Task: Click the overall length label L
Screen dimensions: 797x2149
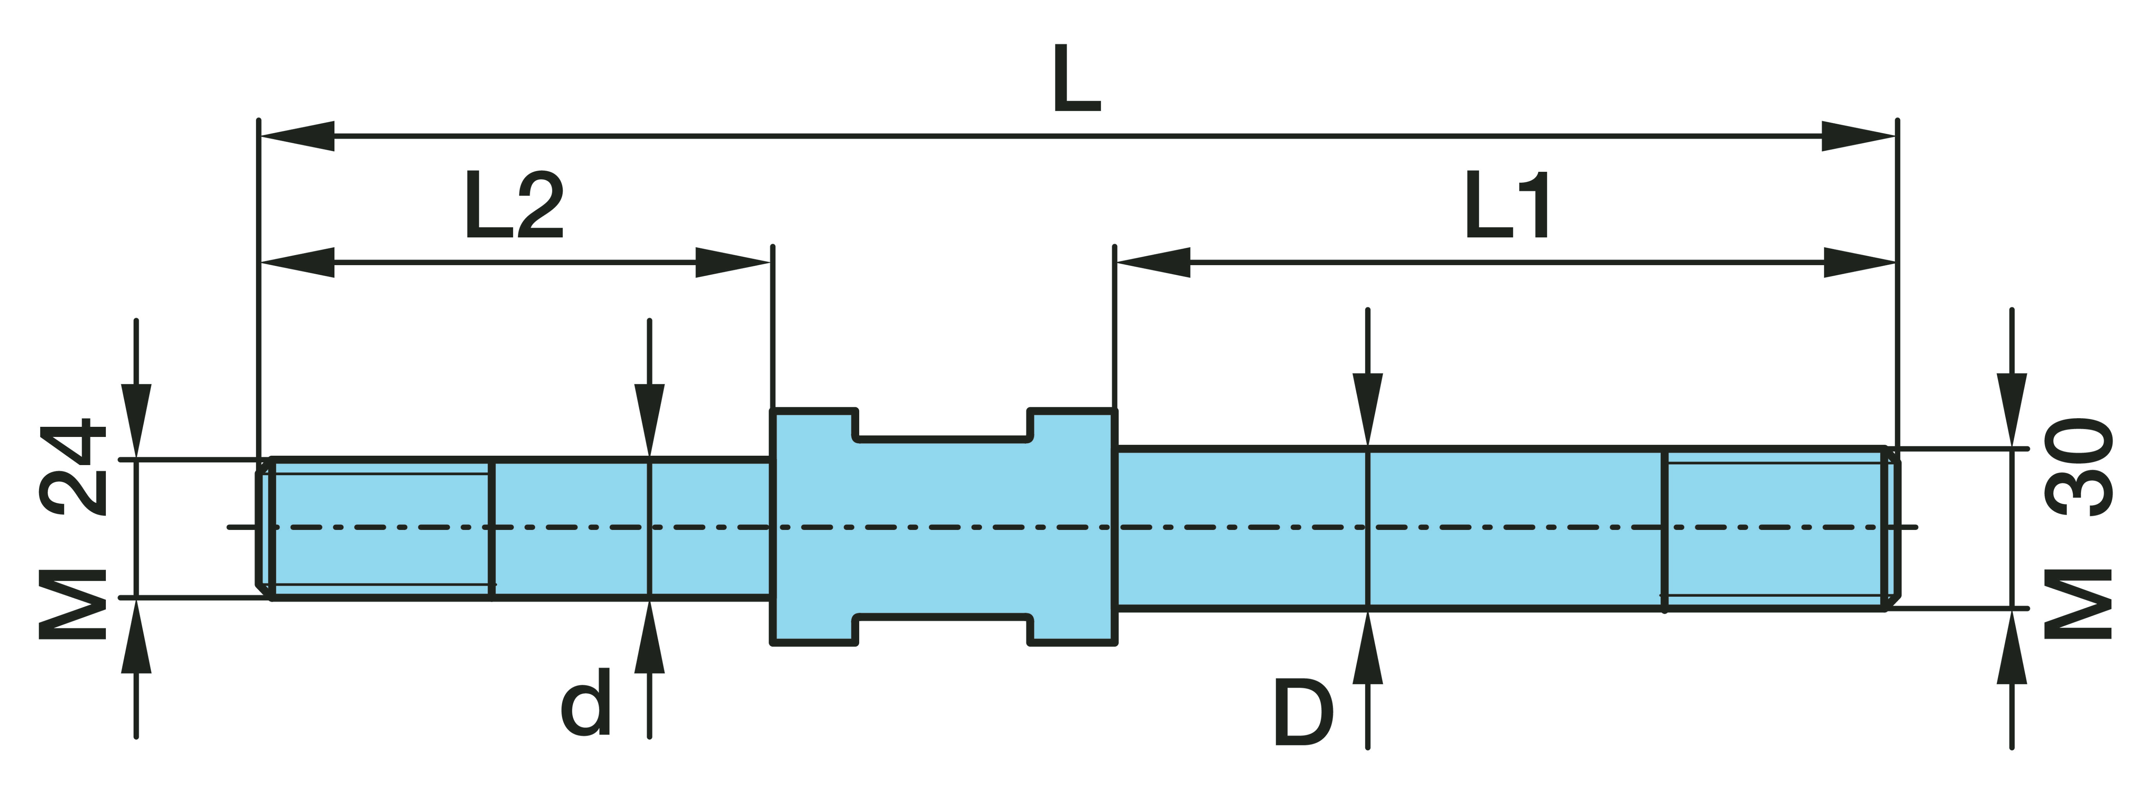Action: tap(1076, 79)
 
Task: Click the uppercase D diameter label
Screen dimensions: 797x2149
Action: tap(1303, 713)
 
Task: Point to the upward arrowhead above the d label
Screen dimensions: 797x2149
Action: tap(649, 638)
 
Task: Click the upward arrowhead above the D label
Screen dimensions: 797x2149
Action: tap(1367, 649)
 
